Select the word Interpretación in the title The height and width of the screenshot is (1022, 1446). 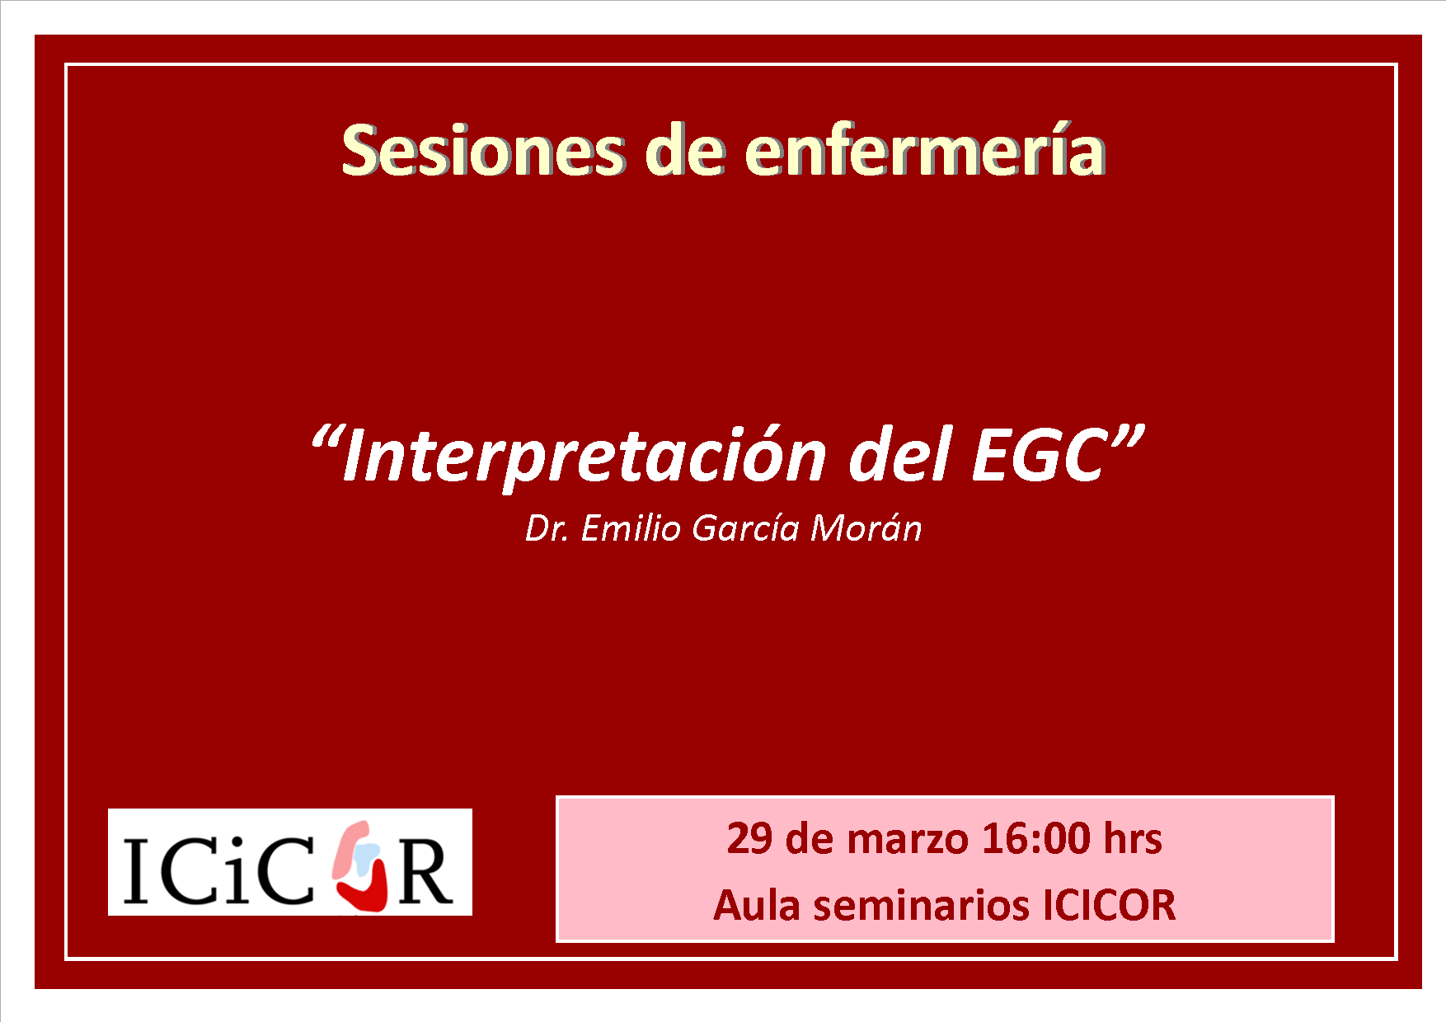click(x=585, y=457)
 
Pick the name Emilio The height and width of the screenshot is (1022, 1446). click(x=631, y=528)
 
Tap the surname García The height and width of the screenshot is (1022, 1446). click(x=746, y=528)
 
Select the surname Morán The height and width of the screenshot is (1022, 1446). click(x=866, y=528)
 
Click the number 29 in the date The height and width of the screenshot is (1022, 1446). click(x=749, y=839)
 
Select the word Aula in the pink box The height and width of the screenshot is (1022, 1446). click(x=757, y=906)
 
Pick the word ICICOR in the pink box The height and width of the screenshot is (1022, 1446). click(x=1110, y=906)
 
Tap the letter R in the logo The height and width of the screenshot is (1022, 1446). click(x=425, y=872)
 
